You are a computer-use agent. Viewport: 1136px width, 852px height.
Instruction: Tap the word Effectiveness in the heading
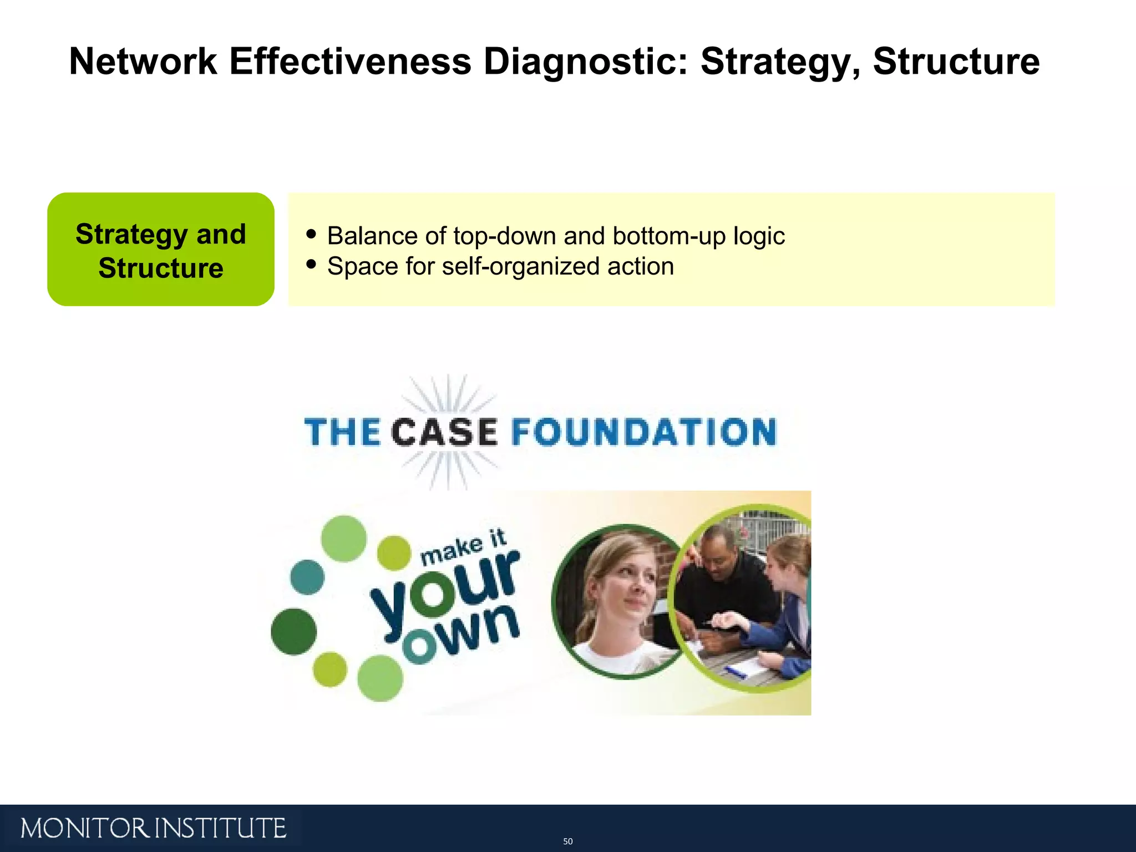(x=349, y=61)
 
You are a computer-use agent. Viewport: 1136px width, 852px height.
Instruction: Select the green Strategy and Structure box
(x=161, y=250)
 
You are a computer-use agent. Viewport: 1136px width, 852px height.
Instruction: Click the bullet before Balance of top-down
(x=311, y=234)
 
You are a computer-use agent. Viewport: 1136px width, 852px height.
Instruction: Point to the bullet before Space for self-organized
(x=311, y=264)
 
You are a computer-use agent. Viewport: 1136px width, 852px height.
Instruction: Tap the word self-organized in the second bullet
(x=521, y=266)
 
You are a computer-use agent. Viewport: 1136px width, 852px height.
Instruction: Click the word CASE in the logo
(x=445, y=433)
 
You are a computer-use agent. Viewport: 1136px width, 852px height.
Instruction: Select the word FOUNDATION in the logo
(x=643, y=433)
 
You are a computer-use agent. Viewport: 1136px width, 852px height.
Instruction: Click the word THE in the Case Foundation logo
(x=342, y=433)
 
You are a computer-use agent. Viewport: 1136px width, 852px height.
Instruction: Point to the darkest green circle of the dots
(x=293, y=632)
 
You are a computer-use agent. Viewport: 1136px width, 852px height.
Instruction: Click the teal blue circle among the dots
(x=307, y=577)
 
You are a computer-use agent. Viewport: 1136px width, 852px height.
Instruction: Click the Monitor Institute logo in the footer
(x=153, y=829)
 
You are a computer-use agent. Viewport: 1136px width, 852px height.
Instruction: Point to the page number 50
(x=567, y=841)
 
